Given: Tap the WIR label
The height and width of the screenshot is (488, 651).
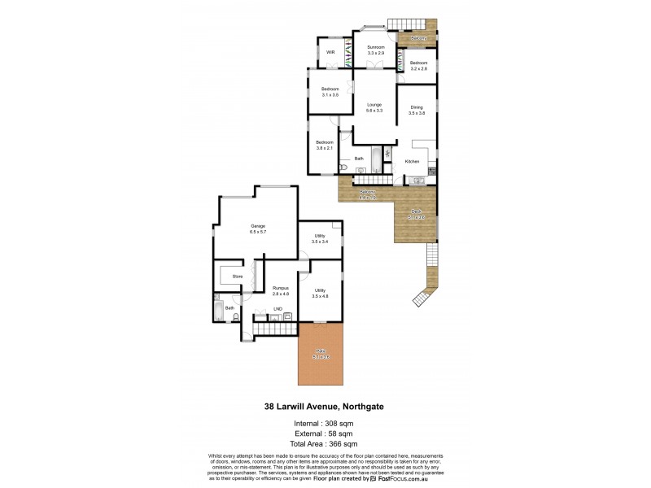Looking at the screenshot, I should [330, 52].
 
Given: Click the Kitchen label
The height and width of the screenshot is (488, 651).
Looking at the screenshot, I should [412, 162].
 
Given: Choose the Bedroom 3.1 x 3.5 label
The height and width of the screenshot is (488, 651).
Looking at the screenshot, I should [330, 91].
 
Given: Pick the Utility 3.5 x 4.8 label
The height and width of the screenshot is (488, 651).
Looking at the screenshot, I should [320, 293].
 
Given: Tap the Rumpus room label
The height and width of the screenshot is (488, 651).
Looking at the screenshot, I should [281, 290].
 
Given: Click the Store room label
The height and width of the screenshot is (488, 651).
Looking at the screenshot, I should [238, 277].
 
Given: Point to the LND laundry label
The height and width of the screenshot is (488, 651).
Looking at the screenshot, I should [277, 309].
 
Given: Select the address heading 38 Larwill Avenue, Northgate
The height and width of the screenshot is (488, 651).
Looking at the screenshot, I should [325, 407].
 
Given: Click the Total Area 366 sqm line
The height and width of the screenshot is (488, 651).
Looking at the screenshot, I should [325, 444].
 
